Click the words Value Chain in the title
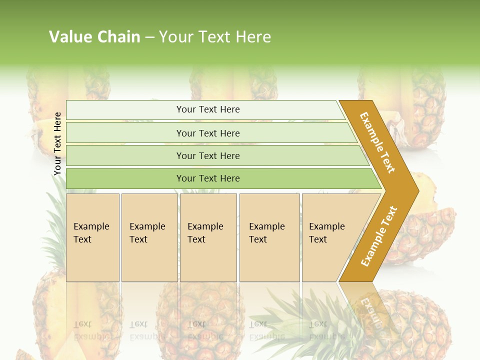[94, 37]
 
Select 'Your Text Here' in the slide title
[215, 37]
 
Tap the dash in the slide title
[149, 37]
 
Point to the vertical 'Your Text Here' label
[57, 144]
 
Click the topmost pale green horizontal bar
[207, 109]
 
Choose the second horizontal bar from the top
[207, 133]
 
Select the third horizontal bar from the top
[207, 155]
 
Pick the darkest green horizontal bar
[207, 178]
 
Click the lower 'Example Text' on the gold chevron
[379, 236]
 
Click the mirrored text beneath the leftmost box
[92, 330]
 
